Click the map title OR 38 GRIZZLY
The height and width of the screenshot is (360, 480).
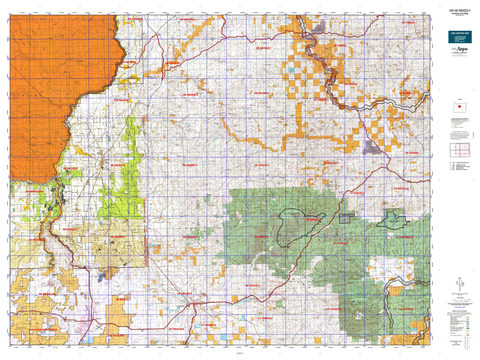460,11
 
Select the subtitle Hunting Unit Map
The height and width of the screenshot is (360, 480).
460,13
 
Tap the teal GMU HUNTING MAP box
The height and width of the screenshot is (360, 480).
460,37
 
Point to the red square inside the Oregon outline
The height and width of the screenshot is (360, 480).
460,107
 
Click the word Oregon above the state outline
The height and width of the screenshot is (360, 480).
460,100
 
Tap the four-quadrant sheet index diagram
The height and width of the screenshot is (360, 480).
460,150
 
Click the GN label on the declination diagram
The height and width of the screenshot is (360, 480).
460,277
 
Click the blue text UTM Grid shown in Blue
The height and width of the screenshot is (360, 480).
460,308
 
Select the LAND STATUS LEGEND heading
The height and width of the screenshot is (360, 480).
460,311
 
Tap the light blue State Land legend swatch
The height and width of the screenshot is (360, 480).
468,326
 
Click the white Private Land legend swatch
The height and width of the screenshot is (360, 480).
468,332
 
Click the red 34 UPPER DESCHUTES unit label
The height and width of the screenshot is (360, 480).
44,330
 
